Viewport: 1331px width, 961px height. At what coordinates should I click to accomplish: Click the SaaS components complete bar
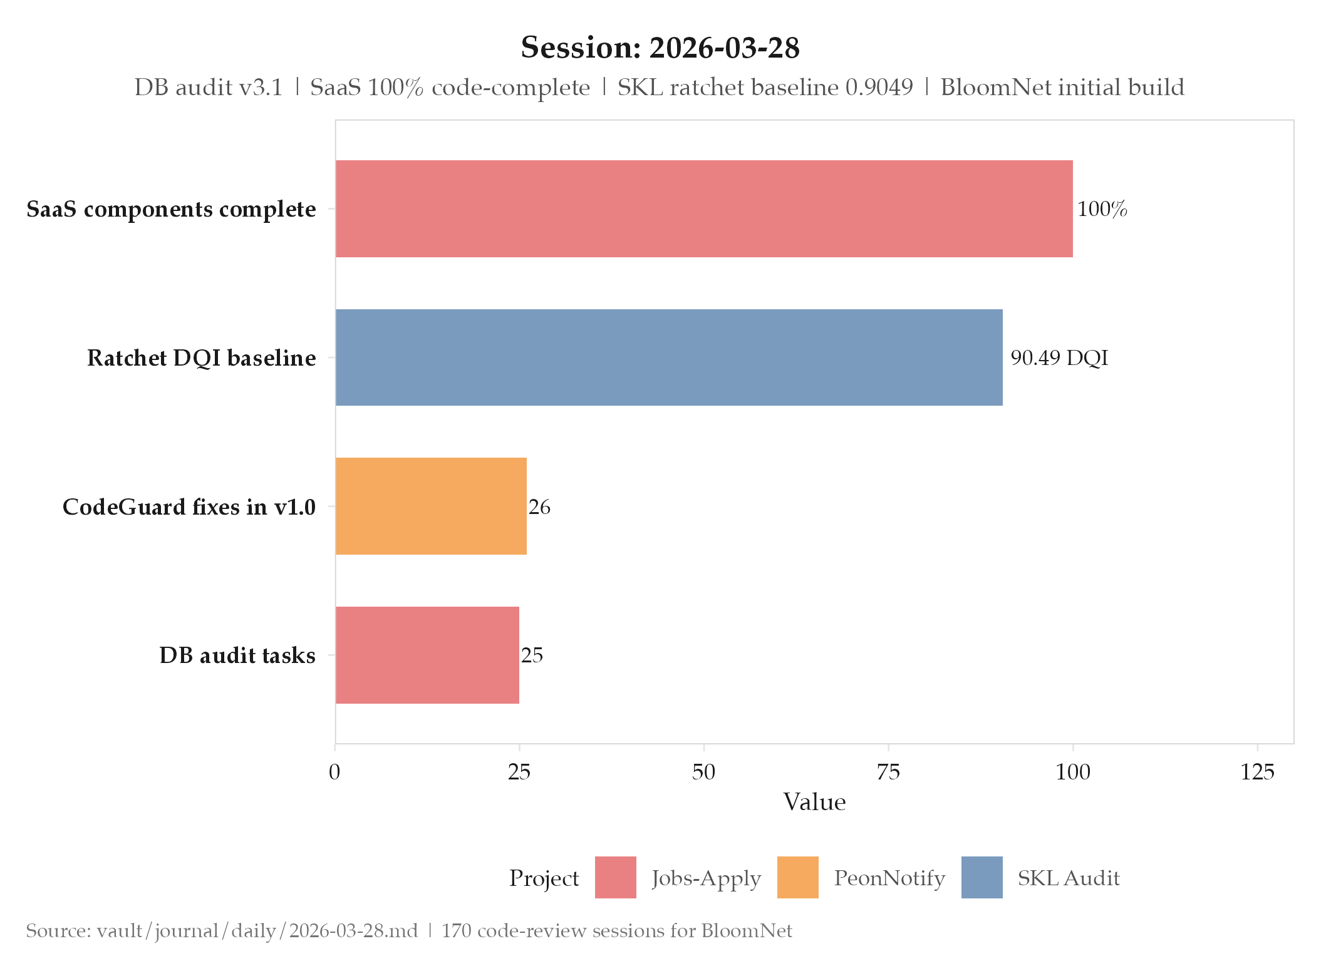click(x=703, y=208)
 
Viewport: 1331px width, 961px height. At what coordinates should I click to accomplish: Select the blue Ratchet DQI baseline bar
click(x=668, y=357)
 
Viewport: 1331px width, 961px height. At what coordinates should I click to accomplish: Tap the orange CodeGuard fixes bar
click(x=431, y=506)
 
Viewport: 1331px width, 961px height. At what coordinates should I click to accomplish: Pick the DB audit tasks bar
click(x=427, y=655)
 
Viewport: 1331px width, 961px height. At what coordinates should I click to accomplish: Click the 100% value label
click(x=1102, y=209)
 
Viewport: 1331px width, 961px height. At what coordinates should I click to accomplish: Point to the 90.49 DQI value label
click(x=1059, y=358)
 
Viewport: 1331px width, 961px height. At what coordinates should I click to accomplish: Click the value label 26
click(x=539, y=507)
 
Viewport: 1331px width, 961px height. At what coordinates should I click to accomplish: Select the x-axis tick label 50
click(x=703, y=773)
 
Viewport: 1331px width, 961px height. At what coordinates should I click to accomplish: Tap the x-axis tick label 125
click(x=1257, y=773)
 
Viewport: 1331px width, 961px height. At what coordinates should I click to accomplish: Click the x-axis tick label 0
click(x=335, y=773)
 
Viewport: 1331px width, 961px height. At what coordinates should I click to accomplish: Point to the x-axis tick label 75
click(x=888, y=773)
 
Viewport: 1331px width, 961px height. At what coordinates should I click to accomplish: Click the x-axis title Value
click(x=814, y=802)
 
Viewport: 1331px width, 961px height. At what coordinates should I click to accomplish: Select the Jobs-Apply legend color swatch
click(x=615, y=877)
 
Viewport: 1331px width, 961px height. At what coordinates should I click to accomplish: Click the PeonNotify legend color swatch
click(x=797, y=877)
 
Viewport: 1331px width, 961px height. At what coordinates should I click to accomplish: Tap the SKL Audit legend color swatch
click(x=981, y=877)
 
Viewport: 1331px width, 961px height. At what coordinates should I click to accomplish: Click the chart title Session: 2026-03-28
click(x=660, y=48)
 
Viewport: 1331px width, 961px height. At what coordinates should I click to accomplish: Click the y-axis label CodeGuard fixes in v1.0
click(x=189, y=506)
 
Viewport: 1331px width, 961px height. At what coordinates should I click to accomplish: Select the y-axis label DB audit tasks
click(x=237, y=655)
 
